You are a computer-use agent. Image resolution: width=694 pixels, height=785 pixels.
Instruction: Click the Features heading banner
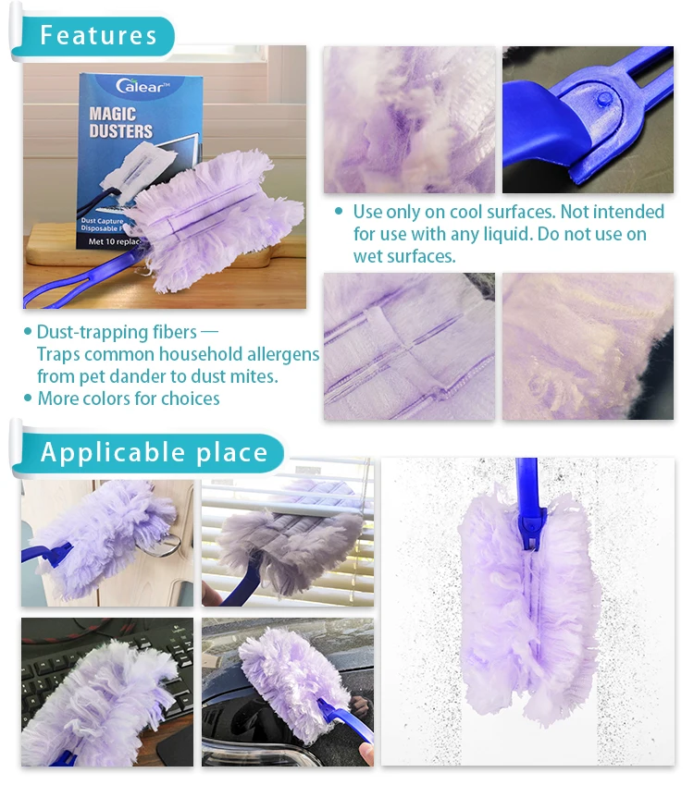pos(98,36)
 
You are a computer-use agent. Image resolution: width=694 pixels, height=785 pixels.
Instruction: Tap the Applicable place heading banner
pos(154,453)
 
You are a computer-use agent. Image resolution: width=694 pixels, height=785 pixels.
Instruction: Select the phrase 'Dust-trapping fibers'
pos(116,332)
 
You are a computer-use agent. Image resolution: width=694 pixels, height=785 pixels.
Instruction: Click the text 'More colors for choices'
pos(129,399)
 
